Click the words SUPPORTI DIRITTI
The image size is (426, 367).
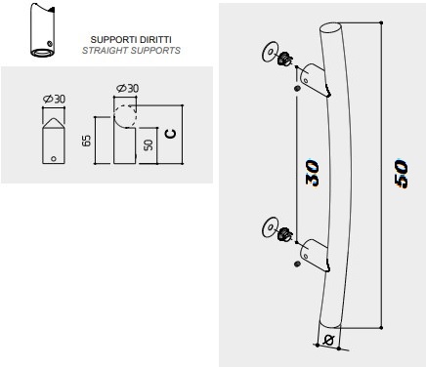[x=131, y=40]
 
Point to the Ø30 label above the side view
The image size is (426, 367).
[x=127, y=89]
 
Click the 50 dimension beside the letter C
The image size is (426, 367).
[x=148, y=144]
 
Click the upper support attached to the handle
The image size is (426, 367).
[x=310, y=78]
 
